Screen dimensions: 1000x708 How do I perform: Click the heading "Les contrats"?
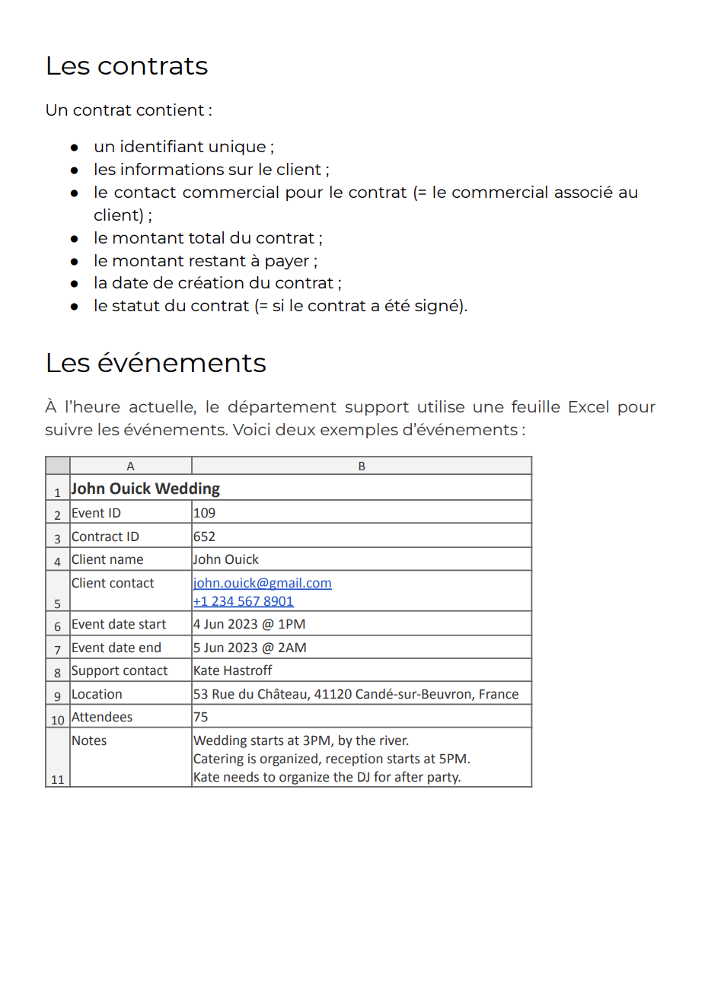(x=126, y=66)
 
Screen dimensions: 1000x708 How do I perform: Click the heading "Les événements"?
(x=155, y=363)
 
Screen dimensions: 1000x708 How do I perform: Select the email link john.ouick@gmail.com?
(x=262, y=583)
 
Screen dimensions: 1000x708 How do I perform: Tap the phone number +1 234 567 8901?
(x=243, y=601)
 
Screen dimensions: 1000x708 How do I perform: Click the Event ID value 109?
(x=204, y=513)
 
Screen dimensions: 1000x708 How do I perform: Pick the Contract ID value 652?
(x=204, y=537)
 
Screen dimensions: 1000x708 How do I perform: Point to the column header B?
(x=362, y=466)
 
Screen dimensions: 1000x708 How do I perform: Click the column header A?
(x=130, y=466)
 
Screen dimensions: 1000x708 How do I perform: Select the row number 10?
(x=58, y=720)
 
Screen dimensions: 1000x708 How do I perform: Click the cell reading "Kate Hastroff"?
(x=232, y=670)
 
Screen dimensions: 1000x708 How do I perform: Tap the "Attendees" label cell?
(x=102, y=717)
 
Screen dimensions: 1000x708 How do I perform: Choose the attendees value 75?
(x=200, y=717)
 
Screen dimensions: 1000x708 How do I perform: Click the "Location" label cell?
(x=97, y=694)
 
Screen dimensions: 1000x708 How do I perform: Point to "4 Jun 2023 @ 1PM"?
(x=249, y=624)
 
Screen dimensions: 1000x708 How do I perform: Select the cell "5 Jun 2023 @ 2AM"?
(x=250, y=648)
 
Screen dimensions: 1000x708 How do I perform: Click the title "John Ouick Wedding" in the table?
(x=145, y=489)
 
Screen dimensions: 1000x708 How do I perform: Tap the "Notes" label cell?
(x=89, y=740)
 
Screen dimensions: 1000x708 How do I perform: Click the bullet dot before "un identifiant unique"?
(x=75, y=148)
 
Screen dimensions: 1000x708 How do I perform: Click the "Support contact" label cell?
(x=120, y=670)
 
